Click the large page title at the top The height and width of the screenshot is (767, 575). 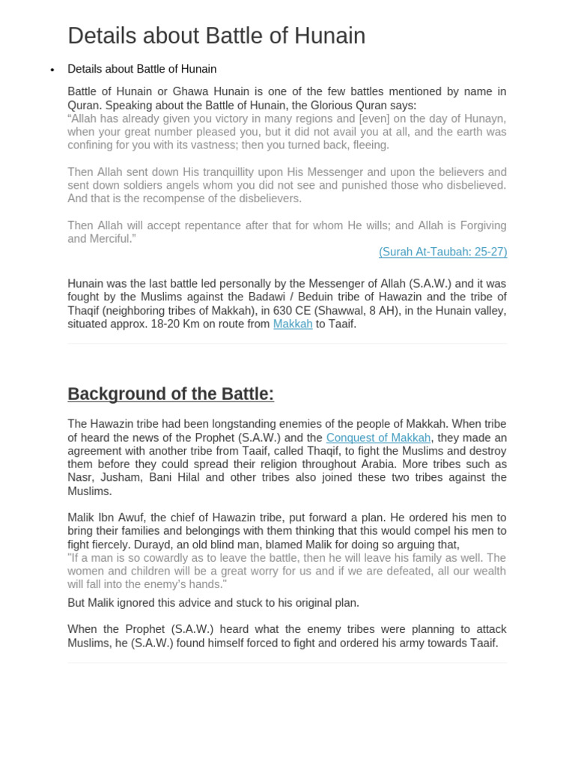tap(216, 36)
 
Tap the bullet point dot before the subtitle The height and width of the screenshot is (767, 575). tap(52, 70)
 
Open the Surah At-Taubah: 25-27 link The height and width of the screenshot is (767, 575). tap(442, 252)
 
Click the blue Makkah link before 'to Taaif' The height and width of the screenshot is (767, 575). tap(293, 324)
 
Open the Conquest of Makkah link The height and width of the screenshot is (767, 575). tap(378, 437)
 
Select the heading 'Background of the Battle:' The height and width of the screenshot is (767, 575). tap(171, 394)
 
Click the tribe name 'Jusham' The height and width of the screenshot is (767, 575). tap(120, 478)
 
